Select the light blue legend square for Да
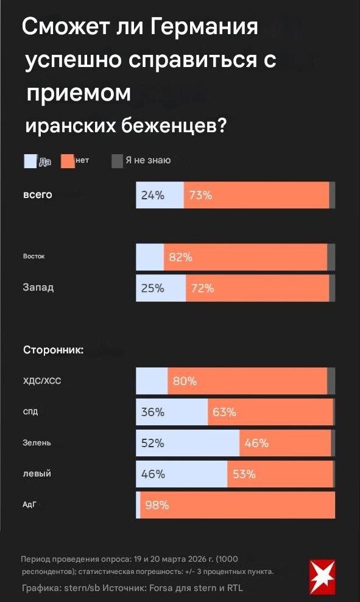(x=30, y=161)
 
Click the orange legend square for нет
(x=67, y=161)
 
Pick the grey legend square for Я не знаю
(x=117, y=161)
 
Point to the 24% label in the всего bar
(x=152, y=196)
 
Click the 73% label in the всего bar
(x=200, y=196)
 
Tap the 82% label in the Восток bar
(x=180, y=258)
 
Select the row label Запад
(x=38, y=288)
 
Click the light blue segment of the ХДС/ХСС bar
(x=151, y=381)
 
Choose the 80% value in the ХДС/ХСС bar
(x=185, y=381)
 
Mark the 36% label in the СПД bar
(x=153, y=413)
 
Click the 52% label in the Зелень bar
(x=153, y=443)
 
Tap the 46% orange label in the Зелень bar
(x=256, y=443)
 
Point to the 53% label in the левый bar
(x=244, y=474)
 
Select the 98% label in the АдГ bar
(x=157, y=505)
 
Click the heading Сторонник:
(x=53, y=350)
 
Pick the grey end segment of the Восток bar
(x=331, y=257)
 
